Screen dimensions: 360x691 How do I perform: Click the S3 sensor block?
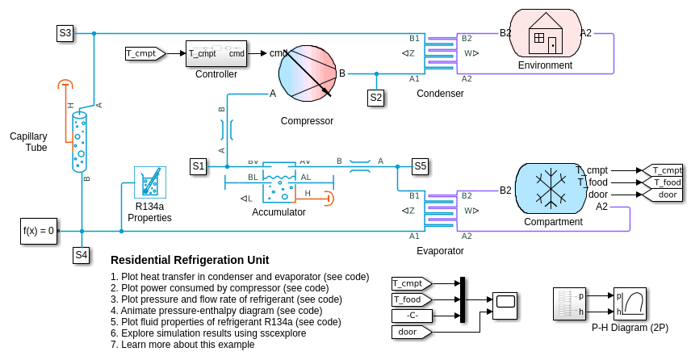65,33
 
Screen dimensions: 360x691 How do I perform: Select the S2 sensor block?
376,98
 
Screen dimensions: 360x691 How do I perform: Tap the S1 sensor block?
199,166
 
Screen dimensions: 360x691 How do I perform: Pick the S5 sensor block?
420,166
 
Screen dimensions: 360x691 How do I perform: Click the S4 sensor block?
82,255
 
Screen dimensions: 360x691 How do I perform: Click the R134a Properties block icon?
149,183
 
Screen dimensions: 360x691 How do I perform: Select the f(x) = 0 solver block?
39,231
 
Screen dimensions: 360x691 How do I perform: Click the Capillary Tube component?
79,141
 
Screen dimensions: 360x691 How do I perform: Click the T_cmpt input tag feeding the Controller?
144,53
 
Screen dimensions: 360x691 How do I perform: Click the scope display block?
506,303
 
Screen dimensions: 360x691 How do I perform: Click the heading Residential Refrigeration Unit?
190,260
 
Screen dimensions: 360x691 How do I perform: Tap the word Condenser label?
440,94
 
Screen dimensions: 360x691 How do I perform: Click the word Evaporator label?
440,251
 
